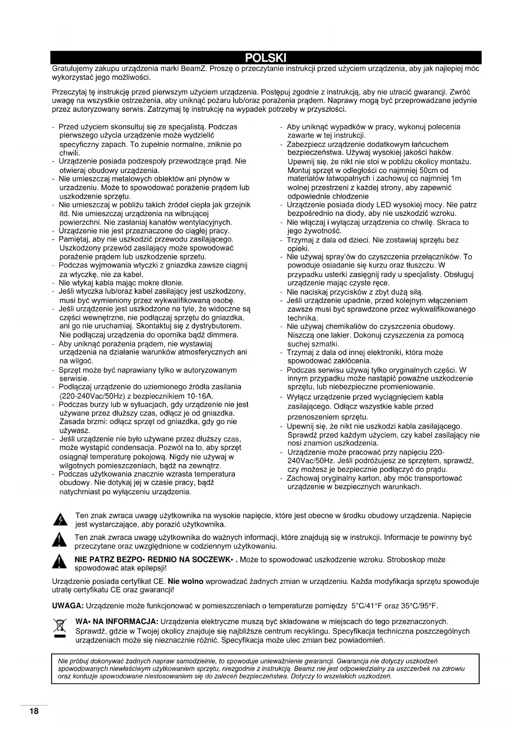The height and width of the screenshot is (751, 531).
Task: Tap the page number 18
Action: coord(34,712)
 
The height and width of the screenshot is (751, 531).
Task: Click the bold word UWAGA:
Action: coord(68,606)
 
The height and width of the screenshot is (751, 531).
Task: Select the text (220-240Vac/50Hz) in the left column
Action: coord(95,396)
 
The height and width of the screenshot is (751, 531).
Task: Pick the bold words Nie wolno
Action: coord(186,581)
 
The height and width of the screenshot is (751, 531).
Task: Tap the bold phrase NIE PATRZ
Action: coord(92,560)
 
